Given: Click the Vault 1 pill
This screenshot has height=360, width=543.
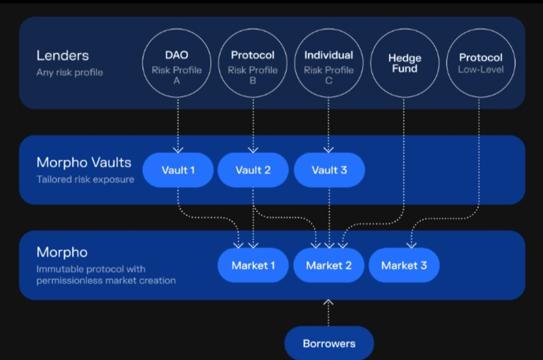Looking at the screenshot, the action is pos(178,170).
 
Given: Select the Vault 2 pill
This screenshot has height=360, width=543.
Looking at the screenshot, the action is pos(253,170).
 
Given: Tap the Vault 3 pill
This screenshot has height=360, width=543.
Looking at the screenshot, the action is pos(329,170).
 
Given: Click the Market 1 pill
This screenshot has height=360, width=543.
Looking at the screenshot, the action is pos(253,265).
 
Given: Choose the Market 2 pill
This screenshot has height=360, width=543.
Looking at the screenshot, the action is pos(329,265).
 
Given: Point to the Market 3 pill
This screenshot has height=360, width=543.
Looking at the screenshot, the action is pos(404,265).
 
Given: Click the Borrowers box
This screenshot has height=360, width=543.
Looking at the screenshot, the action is pos(329,343).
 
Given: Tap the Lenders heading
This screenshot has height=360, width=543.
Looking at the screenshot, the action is pos(63,55).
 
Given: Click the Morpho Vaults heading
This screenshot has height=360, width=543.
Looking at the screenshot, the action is pos(84,162).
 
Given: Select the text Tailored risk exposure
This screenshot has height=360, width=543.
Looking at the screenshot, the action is pos(85,179).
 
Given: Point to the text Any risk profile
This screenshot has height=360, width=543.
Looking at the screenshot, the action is pos(69,72).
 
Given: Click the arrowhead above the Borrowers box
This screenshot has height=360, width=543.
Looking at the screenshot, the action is pos(328,302).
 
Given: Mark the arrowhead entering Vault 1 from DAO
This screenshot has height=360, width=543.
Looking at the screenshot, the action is pos(178,150).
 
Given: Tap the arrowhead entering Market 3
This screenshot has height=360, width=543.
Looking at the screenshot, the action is pos(411,245).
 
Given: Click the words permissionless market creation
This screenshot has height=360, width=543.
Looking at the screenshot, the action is pos(106,281).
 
